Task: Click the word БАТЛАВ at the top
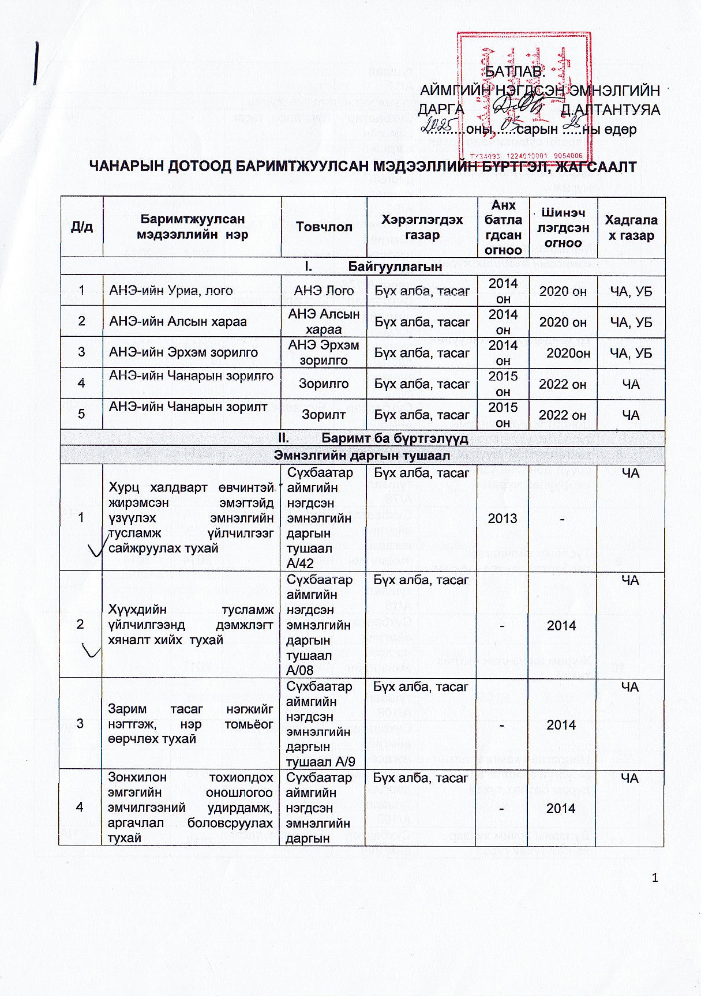(x=514, y=72)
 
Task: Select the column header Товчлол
(x=324, y=227)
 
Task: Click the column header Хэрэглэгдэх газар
(x=422, y=227)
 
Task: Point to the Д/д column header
(x=81, y=227)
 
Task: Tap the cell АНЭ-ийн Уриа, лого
(x=171, y=291)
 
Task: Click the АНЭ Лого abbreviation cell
(x=324, y=291)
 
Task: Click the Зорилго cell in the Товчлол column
(x=324, y=384)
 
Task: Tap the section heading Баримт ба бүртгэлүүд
(x=395, y=438)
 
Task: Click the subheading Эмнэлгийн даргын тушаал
(x=362, y=456)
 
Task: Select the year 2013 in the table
(x=503, y=518)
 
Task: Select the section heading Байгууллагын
(x=395, y=266)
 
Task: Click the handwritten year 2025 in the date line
(x=440, y=125)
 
